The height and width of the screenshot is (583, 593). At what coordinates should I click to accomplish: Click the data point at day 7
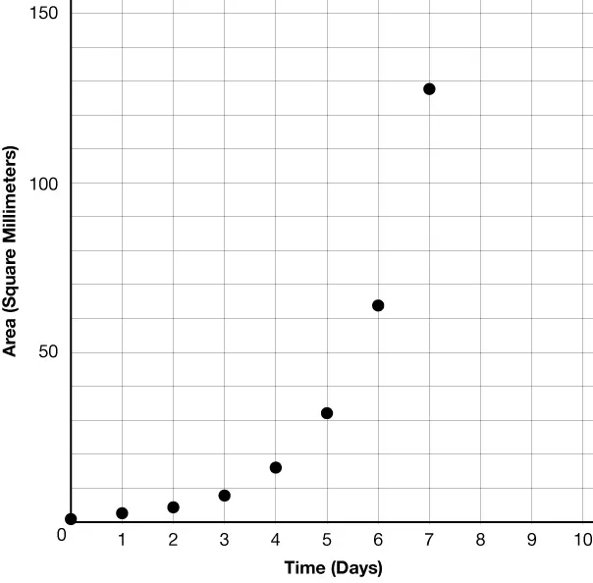[429, 89]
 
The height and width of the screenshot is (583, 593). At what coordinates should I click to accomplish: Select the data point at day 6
[378, 305]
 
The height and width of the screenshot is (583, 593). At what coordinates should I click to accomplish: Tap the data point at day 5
[327, 413]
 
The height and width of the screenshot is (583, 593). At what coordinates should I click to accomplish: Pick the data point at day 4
[276, 467]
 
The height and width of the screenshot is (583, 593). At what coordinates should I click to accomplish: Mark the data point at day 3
[224, 496]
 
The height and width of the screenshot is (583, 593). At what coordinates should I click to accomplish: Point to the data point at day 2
[173, 507]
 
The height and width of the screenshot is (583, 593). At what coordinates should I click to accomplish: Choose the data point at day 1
[122, 513]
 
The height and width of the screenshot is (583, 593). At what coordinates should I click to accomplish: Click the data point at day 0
[71, 519]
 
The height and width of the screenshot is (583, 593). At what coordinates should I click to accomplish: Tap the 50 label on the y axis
[48, 352]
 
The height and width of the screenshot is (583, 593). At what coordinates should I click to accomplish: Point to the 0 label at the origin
[61, 535]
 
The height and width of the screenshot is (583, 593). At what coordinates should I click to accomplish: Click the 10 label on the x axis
[582, 539]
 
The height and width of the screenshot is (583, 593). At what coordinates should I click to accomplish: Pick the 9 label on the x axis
[531, 539]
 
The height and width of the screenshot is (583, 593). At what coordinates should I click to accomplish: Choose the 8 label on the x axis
[480, 539]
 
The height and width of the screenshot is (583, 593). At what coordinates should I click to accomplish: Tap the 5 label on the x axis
[327, 539]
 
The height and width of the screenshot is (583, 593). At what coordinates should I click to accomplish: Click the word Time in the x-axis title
[304, 568]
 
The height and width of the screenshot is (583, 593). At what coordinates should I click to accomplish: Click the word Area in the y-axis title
[12, 335]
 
